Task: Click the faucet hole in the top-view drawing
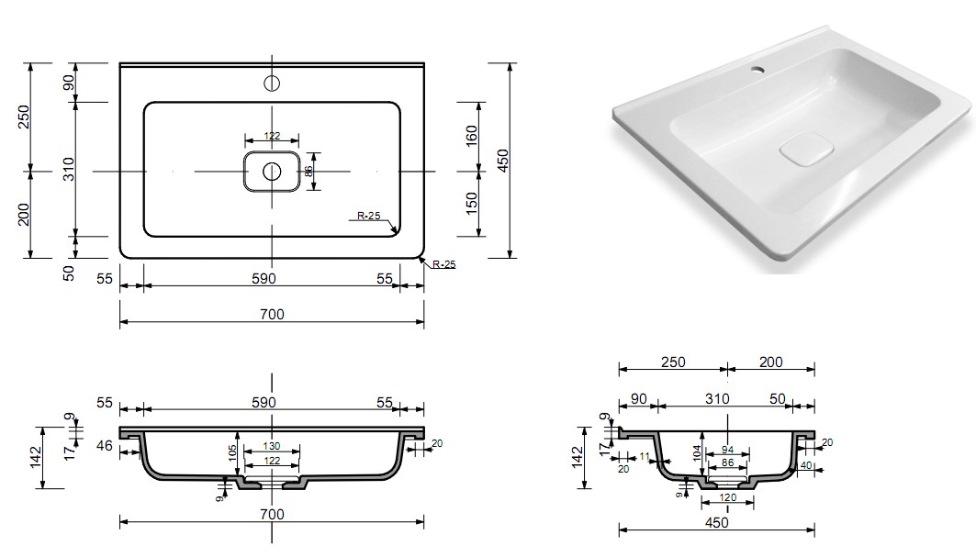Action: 272,84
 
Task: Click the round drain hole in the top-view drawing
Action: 272,172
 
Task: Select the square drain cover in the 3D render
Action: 805,150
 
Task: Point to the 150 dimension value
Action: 471,203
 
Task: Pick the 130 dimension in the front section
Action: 271,447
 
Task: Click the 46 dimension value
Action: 104,447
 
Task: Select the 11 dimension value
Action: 644,456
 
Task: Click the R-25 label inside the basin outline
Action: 370,217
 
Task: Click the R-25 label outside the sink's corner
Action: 443,264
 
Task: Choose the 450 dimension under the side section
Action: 717,522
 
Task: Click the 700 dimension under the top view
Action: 272,314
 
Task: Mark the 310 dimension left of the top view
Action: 67,170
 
